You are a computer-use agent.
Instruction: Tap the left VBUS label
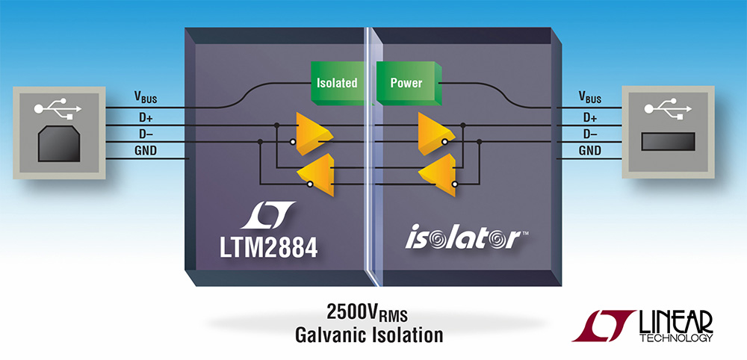(x=145, y=97)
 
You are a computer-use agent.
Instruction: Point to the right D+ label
(x=589, y=117)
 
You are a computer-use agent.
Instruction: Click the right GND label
(x=590, y=152)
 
